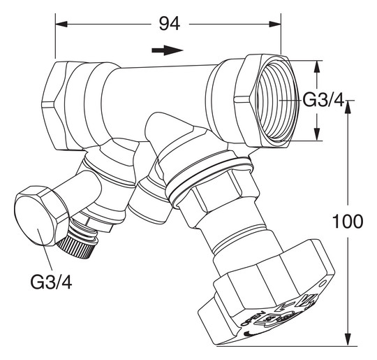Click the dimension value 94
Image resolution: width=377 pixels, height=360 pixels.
pyautogui.click(x=168, y=23)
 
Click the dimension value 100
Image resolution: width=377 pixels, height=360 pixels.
pyautogui.click(x=348, y=222)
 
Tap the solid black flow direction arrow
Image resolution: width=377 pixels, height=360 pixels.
pyautogui.click(x=168, y=50)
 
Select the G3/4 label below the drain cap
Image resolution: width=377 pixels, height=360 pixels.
pyautogui.click(x=50, y=282)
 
